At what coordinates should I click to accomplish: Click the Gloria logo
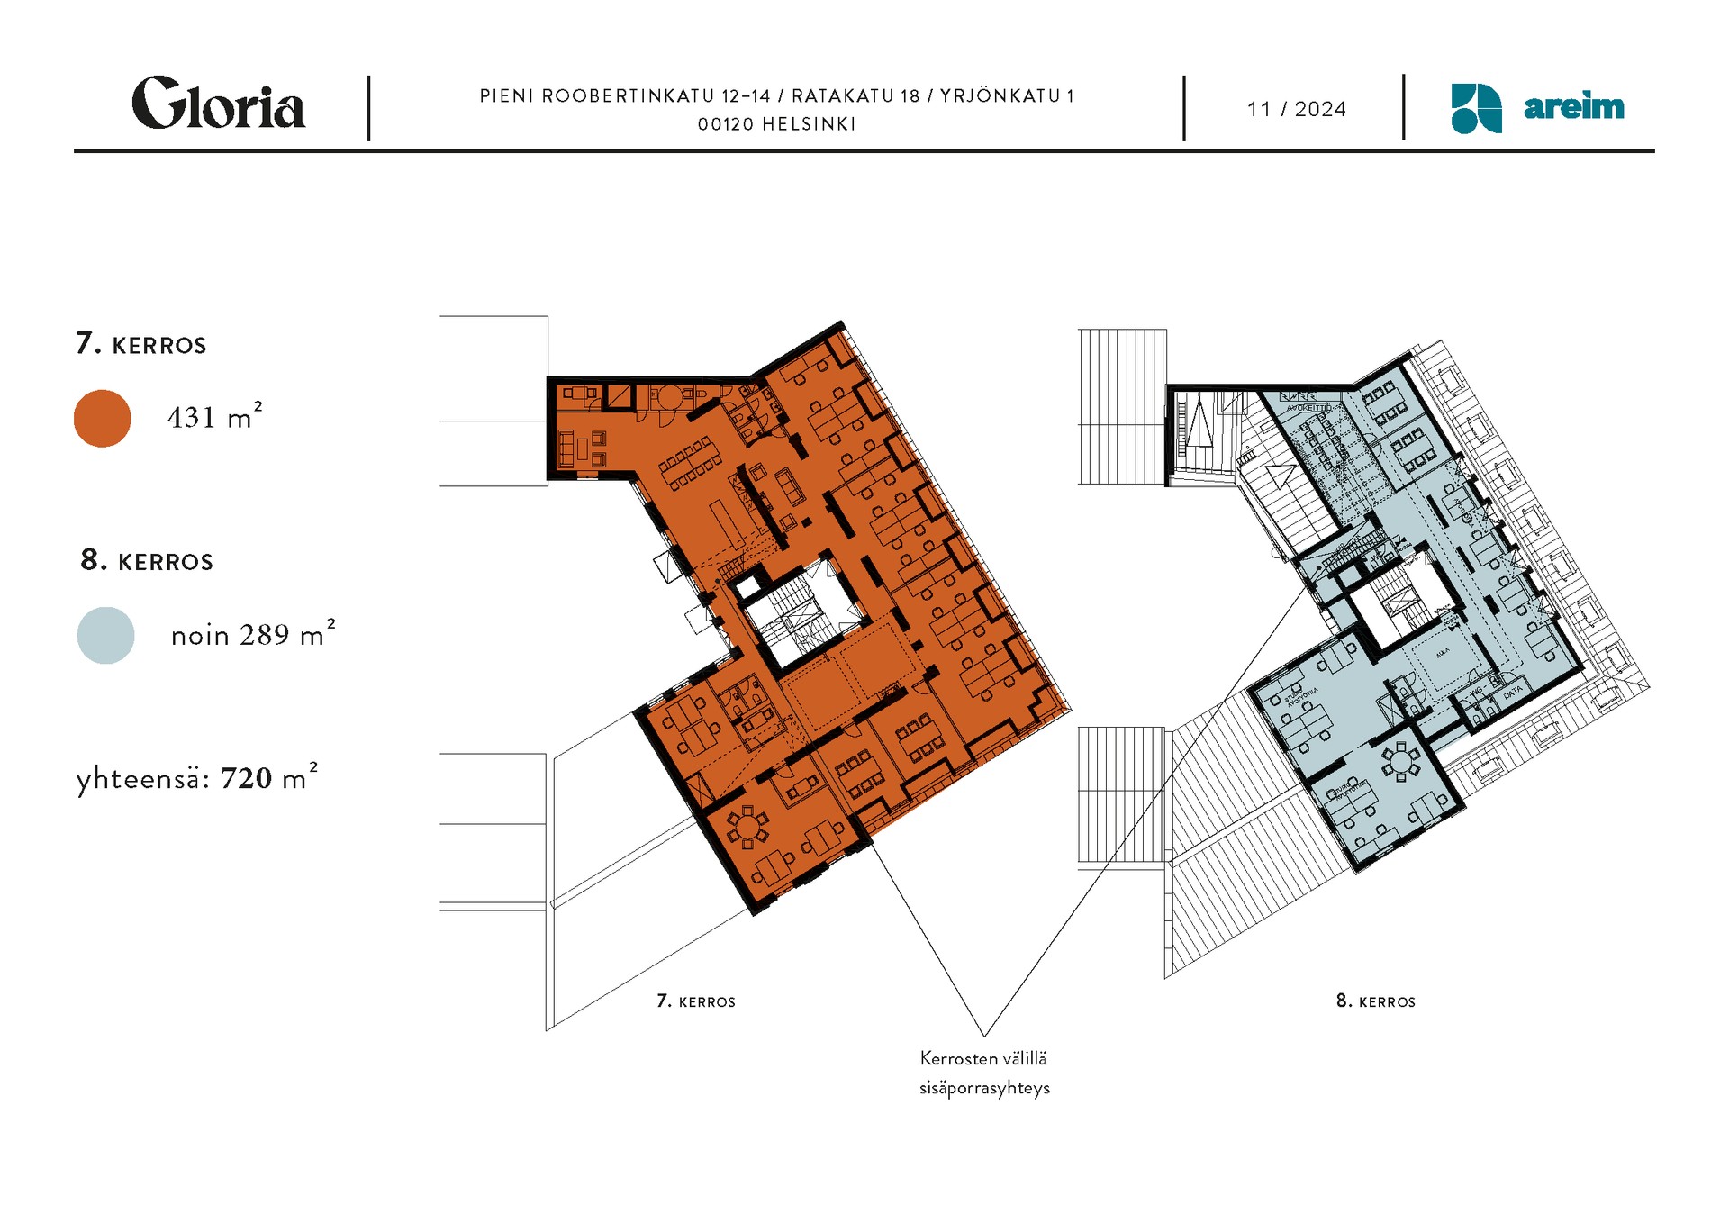[218, 104]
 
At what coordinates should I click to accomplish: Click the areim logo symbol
[1475, 109]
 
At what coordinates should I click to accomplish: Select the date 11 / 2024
[1296, 110]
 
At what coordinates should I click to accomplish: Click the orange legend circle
[102, 419]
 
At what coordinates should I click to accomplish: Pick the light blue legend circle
[105, 636]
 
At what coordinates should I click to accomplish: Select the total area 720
[246, 778]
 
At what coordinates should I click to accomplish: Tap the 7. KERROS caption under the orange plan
[695, 1001]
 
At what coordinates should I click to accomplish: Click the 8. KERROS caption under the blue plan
[1375, 1001]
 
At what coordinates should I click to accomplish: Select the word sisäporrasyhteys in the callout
[984, 1088]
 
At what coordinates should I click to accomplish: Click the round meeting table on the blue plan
[1399, 764]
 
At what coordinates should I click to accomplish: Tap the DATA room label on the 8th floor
[1512, 693]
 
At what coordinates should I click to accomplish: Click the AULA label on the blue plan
[1443, 652]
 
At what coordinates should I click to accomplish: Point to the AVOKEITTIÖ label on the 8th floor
[1308, 408]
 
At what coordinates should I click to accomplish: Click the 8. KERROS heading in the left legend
[147, 561]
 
